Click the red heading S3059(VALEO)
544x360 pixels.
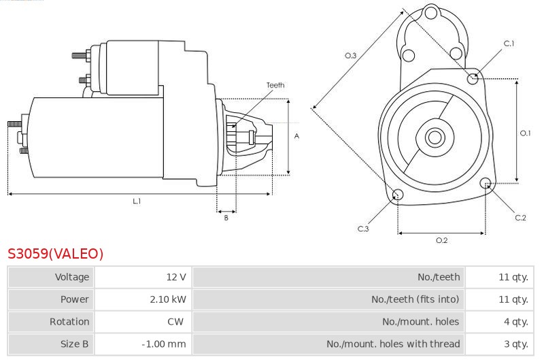point(56,254)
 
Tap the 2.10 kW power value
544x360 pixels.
point(168,299)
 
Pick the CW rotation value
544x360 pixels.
point(175,321)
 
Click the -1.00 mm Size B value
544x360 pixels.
point(164,344)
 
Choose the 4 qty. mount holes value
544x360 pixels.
point(516,322)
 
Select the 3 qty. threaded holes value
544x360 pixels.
point(516,344)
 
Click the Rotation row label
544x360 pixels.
point(69,322)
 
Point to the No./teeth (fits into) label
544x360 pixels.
point(415,299)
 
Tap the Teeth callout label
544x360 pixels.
point(275,85)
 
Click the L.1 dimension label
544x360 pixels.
point(137,201)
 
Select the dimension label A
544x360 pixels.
point(296,136)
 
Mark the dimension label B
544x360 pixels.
point(226,218)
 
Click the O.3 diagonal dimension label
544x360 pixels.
point(350,55)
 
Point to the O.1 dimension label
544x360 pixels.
point(525,133)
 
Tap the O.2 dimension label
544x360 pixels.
point(441,240)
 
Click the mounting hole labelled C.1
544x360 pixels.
point(473,79)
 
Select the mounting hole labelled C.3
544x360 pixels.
point(398,195)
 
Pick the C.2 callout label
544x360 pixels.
point(520,218)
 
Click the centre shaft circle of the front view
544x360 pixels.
point(435,137)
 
